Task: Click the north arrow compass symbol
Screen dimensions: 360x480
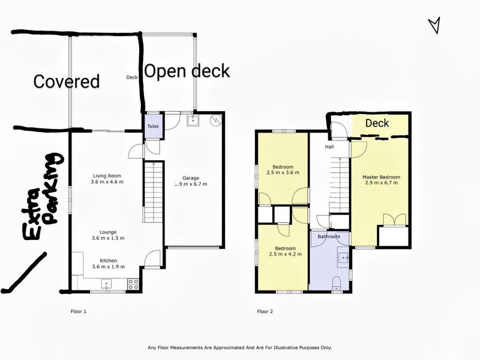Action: point(434,25)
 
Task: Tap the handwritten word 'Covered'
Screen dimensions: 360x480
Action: point(66,82)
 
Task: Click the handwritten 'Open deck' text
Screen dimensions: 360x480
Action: point(186,71)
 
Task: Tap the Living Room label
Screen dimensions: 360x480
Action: point(107,175)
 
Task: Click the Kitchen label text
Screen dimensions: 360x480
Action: point(108,260)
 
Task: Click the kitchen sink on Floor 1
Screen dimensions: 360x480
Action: point(107,284)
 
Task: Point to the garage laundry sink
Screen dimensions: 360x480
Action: point(192,121)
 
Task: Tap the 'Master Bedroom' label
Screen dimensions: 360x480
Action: point(381,177)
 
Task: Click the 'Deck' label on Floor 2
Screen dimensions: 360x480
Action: point(377,124)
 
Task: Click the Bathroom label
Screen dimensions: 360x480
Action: point(329,236)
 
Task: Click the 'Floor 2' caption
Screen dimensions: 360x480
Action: point(265,311)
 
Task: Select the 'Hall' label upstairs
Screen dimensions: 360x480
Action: point(329,146)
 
